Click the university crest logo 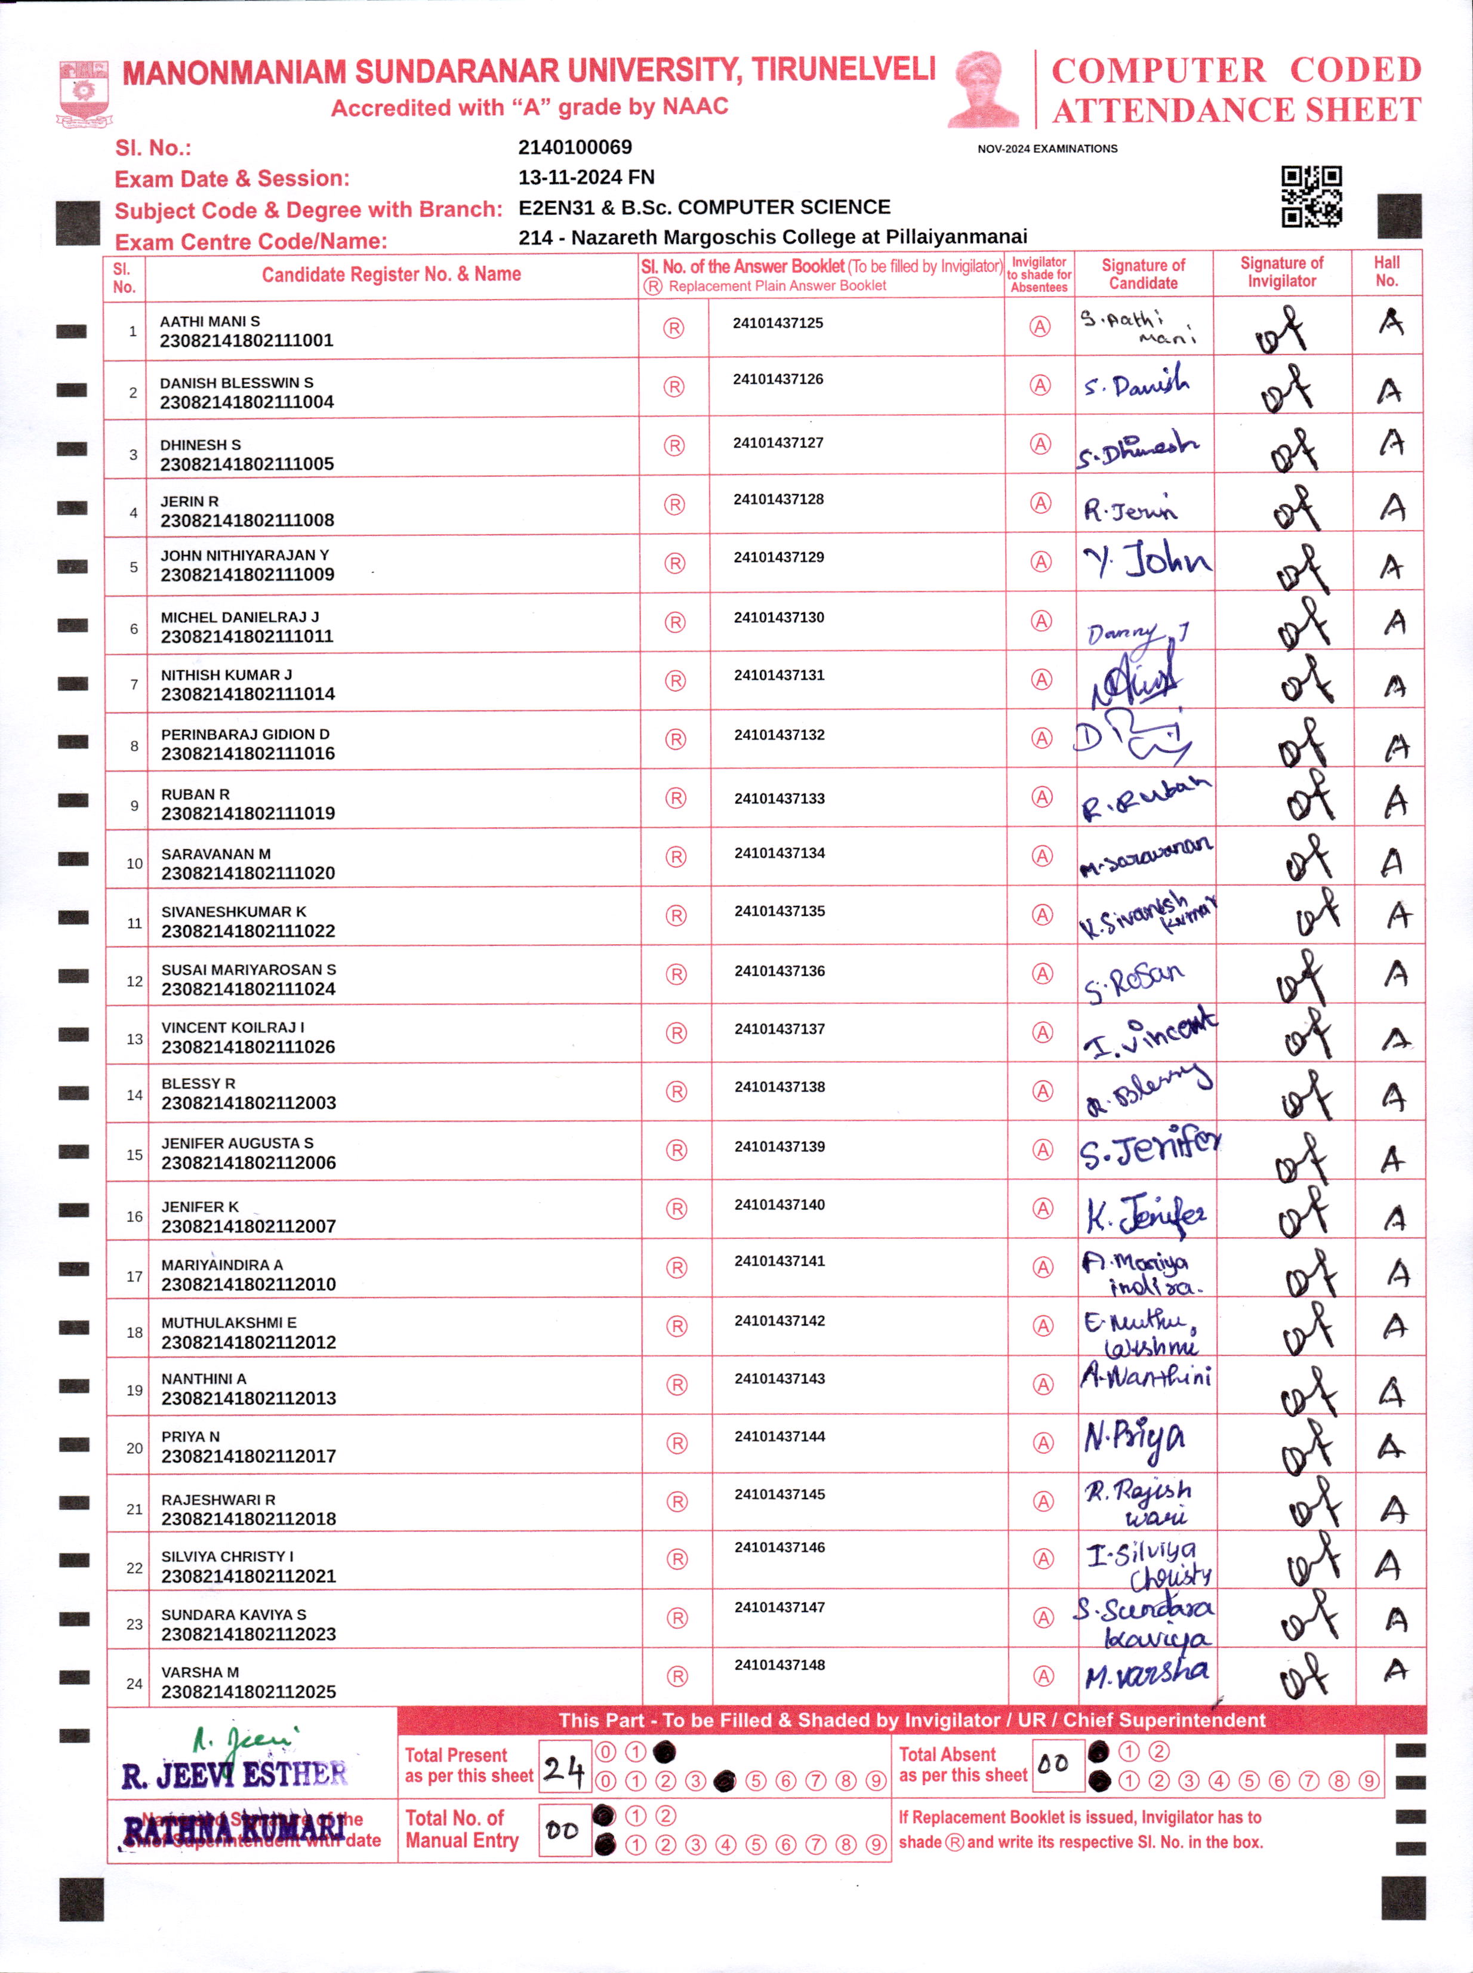click(84, 92)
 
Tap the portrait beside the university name click(984, 89)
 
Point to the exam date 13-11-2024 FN click(586, 177)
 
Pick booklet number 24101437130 click(778, 617)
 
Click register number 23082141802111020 click(248, 873)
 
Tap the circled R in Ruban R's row click(676, 798)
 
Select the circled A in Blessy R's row click(1042, 1092)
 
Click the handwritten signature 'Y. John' click(1147, 562)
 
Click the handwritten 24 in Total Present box click(563, 1768)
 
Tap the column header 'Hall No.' click(1386, 271)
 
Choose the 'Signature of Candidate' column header click(1143, 274)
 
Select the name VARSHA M click(200, 1672)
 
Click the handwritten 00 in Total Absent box click(1054, 1764)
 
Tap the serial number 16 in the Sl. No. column click(134, 1216)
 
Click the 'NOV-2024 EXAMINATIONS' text click(1047, 149)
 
